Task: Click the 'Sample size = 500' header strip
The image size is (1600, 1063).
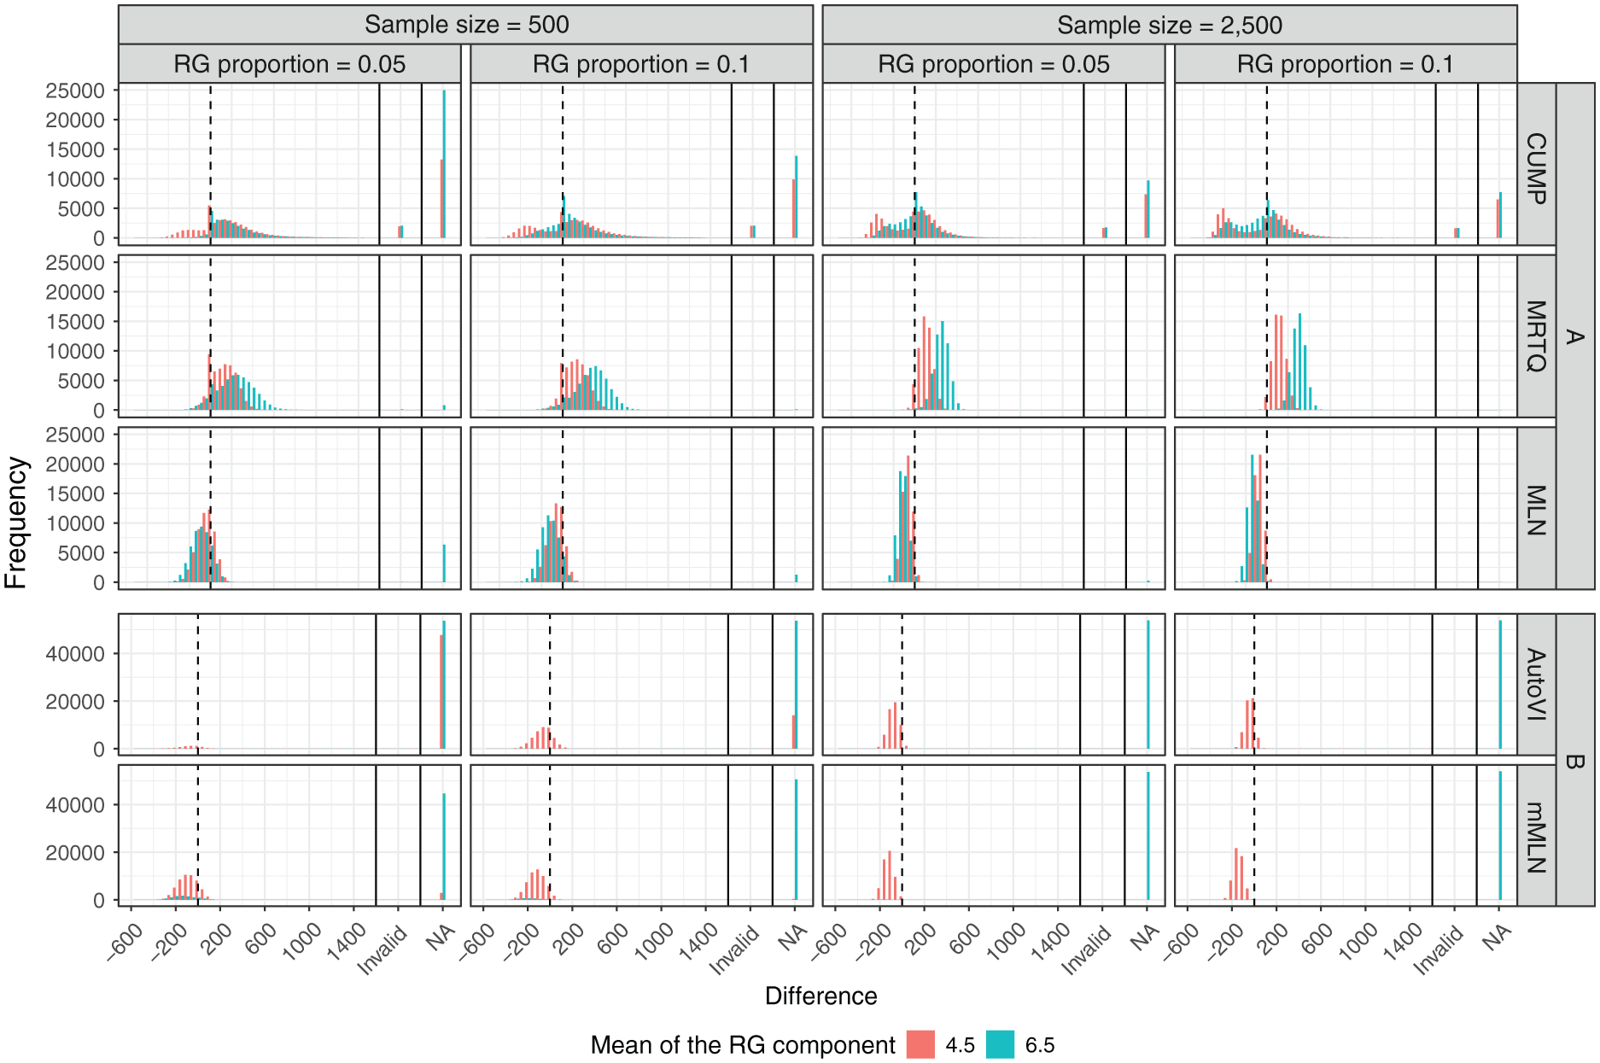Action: tap(466, 25)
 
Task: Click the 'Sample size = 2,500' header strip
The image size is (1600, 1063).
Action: tap(1170, 25)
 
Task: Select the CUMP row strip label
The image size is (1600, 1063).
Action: tap(1536, 168)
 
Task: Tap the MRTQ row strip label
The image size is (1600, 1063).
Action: tap(1536, 336)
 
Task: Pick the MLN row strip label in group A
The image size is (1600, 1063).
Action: tap(1536, 510)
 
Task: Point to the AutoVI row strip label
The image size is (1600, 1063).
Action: tap(1536, 684)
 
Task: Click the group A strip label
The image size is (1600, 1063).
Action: tap(1575, 336)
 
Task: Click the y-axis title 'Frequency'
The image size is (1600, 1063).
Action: tap(16, 523)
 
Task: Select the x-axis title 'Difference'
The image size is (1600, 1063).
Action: tap(820, 996)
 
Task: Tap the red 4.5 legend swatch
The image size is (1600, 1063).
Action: tap(920, 1045)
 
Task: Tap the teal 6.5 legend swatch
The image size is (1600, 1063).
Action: tap(1000, 1045)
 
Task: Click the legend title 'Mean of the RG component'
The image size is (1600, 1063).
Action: tap(743, 1045)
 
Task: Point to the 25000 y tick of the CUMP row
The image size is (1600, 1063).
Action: tap(75, 91)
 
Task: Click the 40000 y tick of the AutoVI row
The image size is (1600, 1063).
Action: tap(75, 654)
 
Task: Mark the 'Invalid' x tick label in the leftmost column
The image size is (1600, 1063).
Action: tap(382, 950)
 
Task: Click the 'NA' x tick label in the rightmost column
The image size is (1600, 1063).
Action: tap(1497, 937)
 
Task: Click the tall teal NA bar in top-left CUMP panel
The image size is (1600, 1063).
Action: tap(444, 164)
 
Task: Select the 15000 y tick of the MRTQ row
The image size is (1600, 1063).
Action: tap(75, 322)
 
